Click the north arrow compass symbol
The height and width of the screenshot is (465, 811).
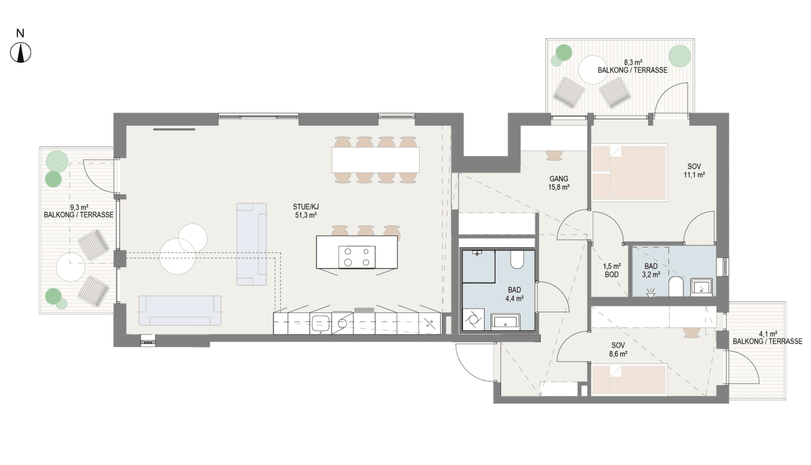pos(21,53)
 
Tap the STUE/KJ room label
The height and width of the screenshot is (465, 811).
pos(305,207)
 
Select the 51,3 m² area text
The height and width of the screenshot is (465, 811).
pos(306,215)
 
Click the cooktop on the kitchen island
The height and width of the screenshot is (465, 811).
pos(357,257)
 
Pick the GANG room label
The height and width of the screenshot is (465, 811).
pos(559,179)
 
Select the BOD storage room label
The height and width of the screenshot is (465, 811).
pos(612,274)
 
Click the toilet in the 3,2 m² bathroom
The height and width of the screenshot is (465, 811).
pos(676,287)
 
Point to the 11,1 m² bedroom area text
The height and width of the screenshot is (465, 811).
pos(694,175)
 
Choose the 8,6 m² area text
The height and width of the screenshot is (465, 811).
pos(618,354)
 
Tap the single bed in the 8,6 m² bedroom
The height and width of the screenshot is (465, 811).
pos(628,380)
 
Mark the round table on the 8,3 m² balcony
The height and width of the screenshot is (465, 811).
pos(593,70)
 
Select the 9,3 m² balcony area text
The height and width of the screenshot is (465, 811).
pos(79,207)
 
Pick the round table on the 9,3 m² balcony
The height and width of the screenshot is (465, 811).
pos(71,267)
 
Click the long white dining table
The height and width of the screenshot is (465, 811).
pos(376,160)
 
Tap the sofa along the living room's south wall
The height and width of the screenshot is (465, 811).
pos(180,311)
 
